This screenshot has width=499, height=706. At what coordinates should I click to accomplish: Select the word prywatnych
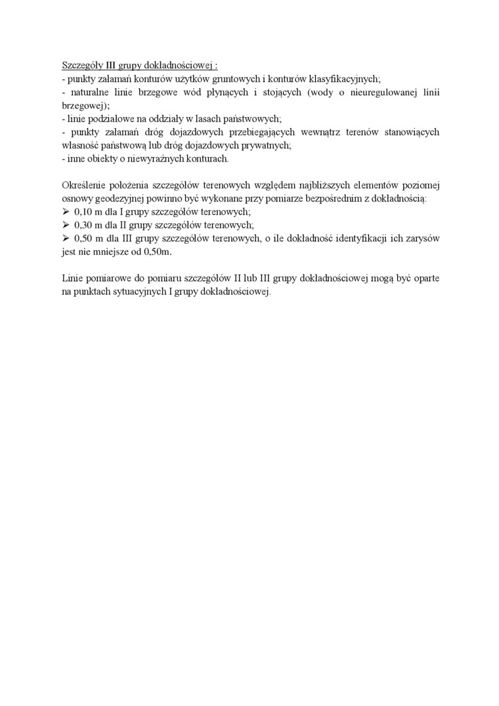(x=261, y=145)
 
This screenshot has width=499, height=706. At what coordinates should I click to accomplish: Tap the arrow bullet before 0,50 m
(x=66, y=238)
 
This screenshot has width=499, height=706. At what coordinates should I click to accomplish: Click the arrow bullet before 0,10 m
(x=66, y=211)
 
